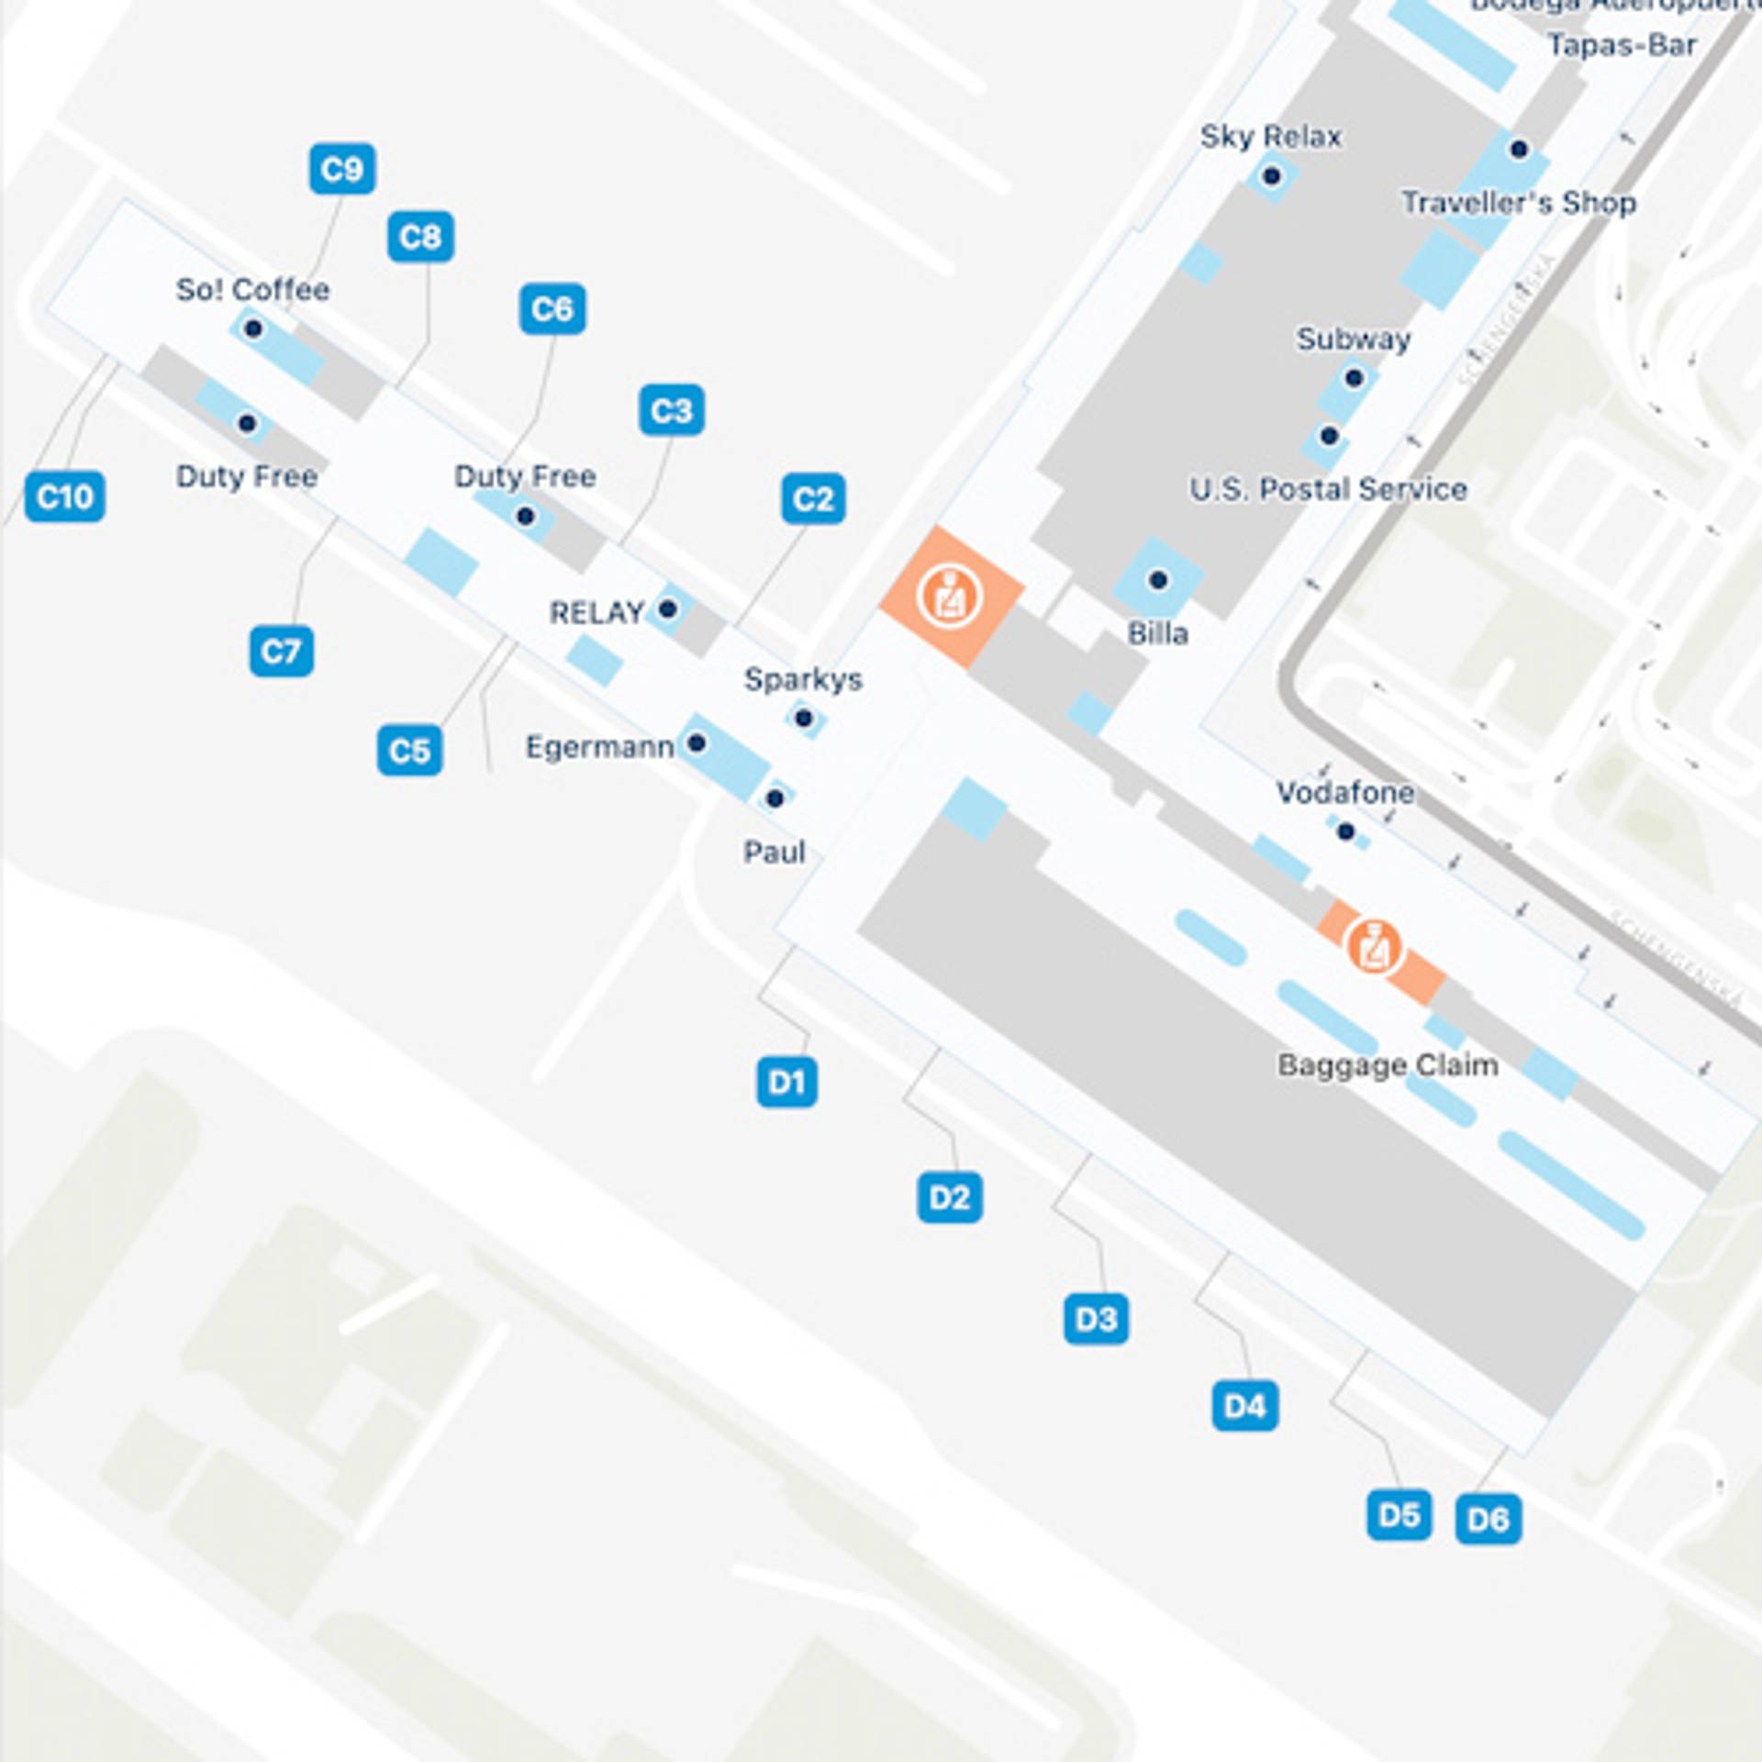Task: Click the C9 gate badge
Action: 341,169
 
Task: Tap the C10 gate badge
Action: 64,496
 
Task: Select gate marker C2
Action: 813,498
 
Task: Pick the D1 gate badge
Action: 786,1082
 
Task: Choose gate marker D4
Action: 1244,1405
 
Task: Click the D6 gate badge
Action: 1488,1519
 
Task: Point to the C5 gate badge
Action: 409,751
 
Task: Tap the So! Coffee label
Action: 252,290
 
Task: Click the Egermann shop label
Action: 599,747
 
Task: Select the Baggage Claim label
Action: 1388,1065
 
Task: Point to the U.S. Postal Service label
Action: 1328,489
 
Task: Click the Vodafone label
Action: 1344,792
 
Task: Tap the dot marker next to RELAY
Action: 668,608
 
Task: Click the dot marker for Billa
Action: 1158,580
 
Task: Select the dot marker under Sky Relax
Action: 1271,175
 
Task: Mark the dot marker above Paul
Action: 775,798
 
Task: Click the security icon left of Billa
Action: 952,596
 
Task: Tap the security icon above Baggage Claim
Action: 1373,946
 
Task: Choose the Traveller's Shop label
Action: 1519,203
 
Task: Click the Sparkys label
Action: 803,679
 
